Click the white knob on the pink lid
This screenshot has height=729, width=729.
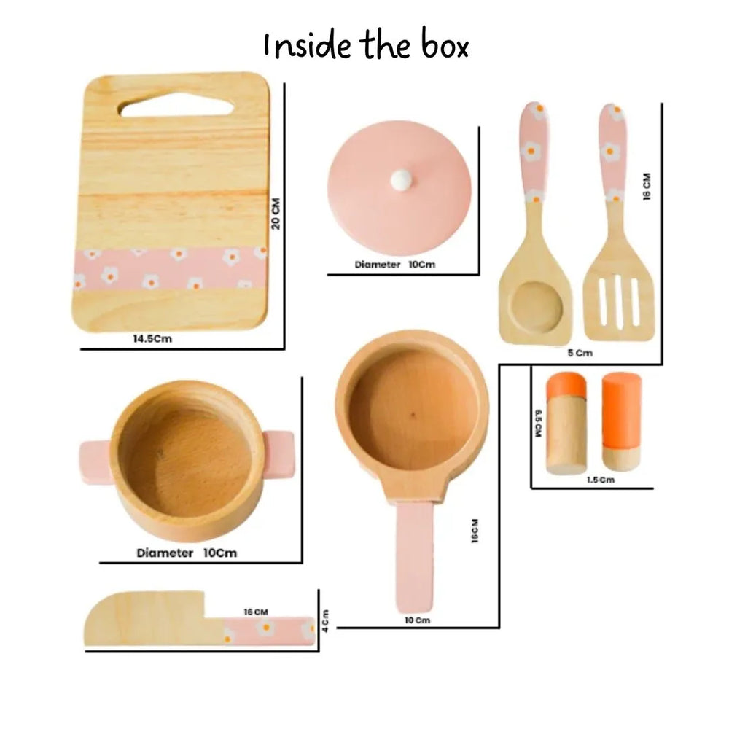coord(400,179)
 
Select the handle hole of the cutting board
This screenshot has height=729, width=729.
coord(176,107)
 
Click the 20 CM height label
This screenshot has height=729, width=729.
coord(276,214)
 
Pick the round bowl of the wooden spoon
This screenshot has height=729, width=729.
coord(536,305)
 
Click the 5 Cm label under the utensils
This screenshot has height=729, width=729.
coord(580,353)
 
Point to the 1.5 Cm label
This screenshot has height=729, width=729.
coord(601,480)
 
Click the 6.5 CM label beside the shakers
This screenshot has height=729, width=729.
coord(538,423)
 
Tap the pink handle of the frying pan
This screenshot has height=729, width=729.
coord(415,558)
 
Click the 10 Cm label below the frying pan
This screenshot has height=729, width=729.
coord(418,620)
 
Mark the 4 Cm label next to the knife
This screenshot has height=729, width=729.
coord(325,621)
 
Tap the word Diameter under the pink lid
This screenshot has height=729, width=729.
coord(377,265)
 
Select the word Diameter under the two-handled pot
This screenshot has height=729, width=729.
coord(165,553)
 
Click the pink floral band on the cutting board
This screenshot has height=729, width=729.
coord(170,268)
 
